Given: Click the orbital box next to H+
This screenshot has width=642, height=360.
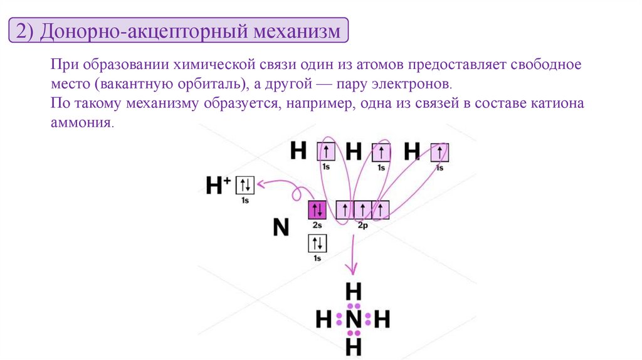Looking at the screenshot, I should pos(245,185).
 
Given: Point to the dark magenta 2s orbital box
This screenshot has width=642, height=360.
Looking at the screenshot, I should pos(317,209).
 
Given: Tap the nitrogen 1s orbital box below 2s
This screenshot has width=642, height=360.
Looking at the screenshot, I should pos(317,243).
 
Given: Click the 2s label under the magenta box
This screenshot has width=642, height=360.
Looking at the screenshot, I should pos(317,224).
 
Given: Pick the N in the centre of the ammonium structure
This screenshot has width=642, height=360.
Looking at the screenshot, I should pos(353,320).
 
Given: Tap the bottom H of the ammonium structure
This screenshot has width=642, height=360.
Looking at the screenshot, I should pos(353,346).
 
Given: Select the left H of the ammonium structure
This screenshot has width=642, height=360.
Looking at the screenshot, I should pos(324,320).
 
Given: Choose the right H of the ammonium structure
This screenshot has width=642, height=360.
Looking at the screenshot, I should pos(382,320).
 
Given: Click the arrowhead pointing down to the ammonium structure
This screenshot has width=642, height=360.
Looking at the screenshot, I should pos(353,270).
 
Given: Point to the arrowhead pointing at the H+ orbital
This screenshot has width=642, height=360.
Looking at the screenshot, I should pos(260,184).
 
